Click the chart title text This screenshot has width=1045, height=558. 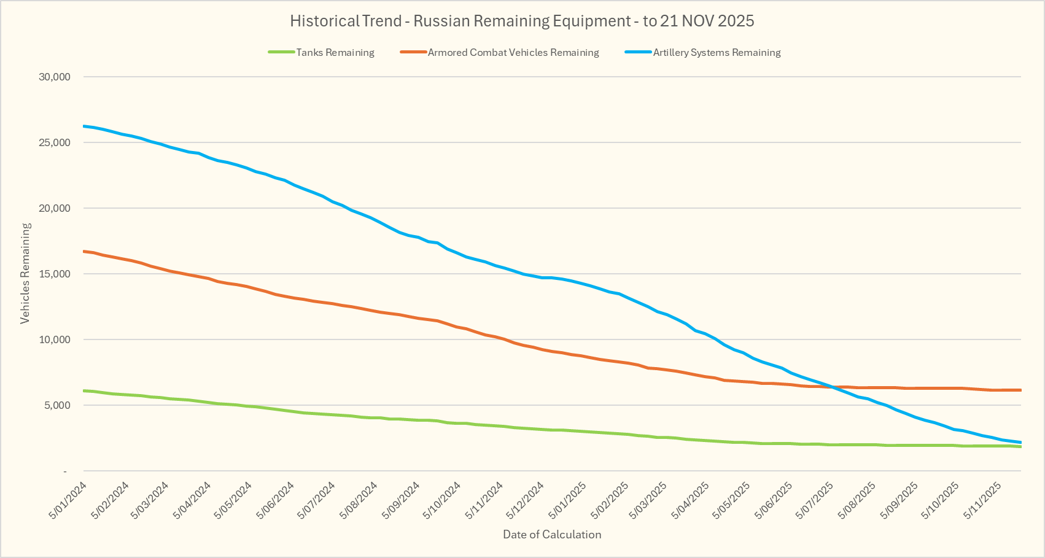point(522,21)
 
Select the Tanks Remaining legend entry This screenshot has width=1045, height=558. point(335,53)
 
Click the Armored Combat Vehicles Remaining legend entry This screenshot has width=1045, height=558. point(513,53)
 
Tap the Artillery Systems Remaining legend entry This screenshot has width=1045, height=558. point(717,53)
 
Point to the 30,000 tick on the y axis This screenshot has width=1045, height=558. point(55,77)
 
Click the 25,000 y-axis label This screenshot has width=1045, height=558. point(55,142)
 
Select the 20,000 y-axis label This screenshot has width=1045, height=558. point(55,208)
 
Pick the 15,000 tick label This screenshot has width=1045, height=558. point(55,274)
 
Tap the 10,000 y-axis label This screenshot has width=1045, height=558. point(55,339)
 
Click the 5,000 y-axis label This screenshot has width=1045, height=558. point(57,405)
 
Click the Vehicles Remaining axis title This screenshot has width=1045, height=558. point(25,273)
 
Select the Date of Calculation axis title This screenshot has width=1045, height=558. point(552,534)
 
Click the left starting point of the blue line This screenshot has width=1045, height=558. point(84,126)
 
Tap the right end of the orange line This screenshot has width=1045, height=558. point(1020,390)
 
